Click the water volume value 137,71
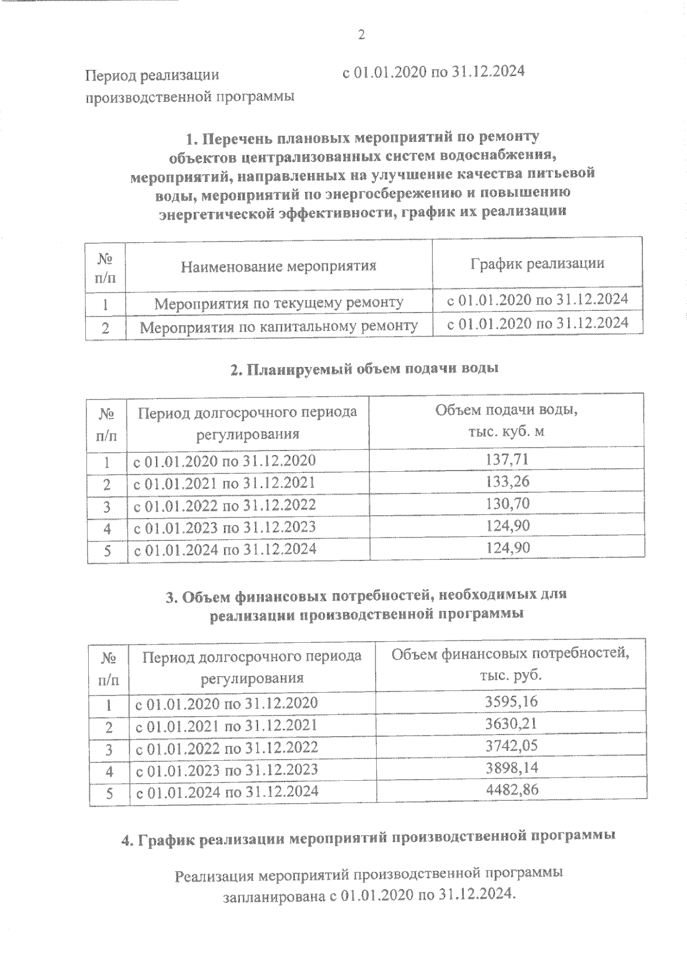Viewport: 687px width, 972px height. tap(507, 459)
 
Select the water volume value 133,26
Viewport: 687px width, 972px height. tap(507, 481)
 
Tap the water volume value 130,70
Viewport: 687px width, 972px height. tap(507, 504)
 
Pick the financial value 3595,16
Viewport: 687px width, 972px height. tap(511, 701)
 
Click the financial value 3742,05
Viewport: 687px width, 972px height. tap(511, 746)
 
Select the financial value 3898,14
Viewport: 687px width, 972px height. tap(511, 768)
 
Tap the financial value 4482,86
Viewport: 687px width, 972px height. tap(511, 790)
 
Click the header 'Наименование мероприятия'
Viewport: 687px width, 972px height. tap(278, 266)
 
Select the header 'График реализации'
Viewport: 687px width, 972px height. tap(537, 263)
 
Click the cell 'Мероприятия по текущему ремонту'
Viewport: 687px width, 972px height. tap(278, 302)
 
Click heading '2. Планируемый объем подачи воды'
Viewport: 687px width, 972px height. tap(364, 369)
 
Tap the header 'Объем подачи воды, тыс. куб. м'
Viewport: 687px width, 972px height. tap(506, 421)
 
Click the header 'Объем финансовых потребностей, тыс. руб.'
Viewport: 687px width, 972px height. tap(511, 664)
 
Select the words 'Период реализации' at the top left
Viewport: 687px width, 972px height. tap(152, 75)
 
